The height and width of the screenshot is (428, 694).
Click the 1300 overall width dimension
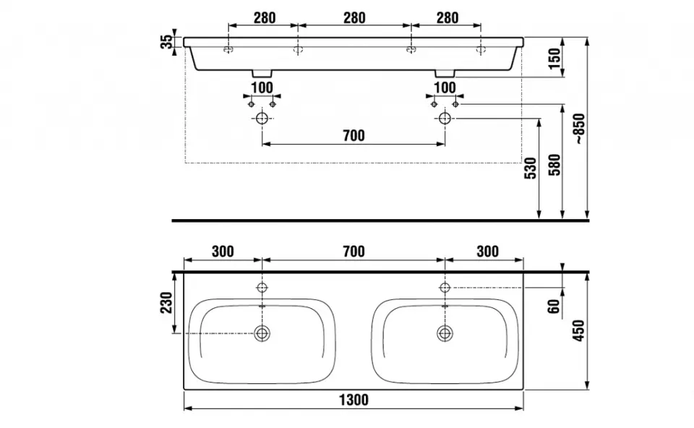pos(354,400)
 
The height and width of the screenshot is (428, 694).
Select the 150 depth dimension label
pos(554,59)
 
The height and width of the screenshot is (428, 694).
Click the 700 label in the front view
pos(354,135)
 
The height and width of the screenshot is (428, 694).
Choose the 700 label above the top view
pos(354,252)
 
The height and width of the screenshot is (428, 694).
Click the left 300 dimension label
pos(223,252)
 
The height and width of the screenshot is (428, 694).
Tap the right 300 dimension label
pos(488,252)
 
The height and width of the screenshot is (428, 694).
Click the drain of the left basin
pos(262,333)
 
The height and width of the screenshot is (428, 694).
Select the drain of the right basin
pos(445,333)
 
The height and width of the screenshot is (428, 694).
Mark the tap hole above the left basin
pos(262,288)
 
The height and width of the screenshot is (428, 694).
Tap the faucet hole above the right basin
pos(445,288)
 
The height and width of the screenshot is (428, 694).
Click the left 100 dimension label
pos(262,88)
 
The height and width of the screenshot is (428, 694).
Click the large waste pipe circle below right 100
pos(445,118)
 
